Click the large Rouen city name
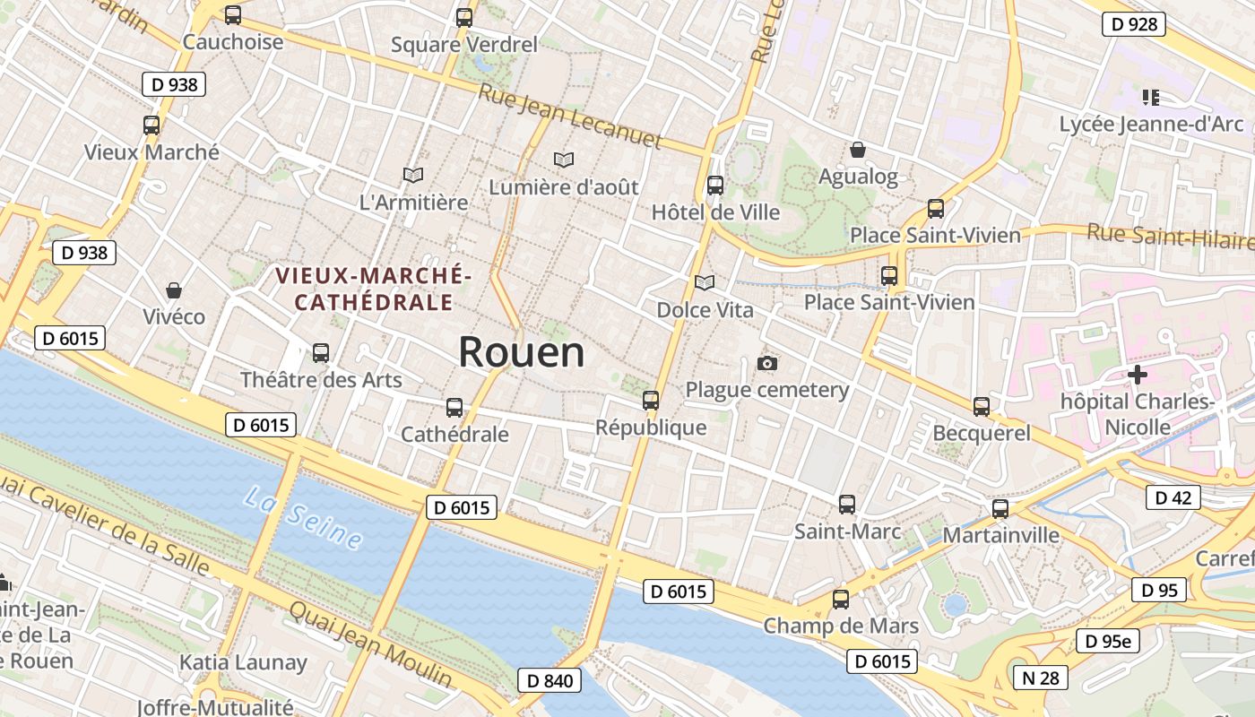point(521,352)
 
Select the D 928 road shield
point(1133,24)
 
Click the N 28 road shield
point(1040,678)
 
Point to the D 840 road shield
point(550,680)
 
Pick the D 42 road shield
point(1173,497)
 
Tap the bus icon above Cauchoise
point(233,15)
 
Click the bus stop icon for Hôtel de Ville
point(714,186)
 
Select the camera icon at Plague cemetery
point(767,363)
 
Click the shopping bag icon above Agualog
point(858,149)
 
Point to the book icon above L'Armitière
point(413,175)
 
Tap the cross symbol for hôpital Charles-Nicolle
point(1138,374)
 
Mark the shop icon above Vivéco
point(174,290)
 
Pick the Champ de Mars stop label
point(841,626)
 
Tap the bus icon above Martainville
point(1000,509)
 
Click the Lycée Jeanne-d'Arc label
point(1151,124)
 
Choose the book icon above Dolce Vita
point(705,282)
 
